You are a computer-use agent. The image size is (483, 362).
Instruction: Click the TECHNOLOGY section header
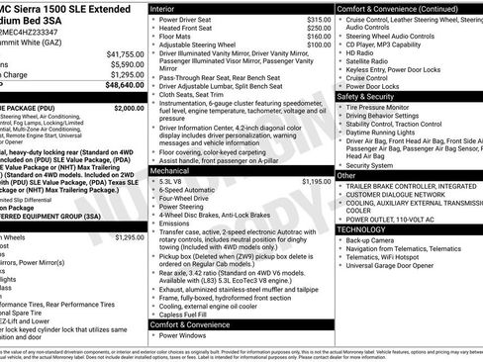coord(361,228)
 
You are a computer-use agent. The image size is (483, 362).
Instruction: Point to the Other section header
coord(346,174)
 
